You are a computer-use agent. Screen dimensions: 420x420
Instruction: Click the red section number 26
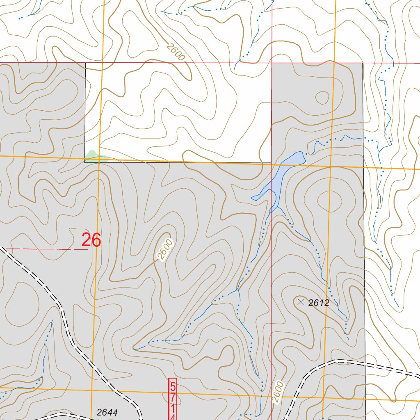click(x=91, y=240)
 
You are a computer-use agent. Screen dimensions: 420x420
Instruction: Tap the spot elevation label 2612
click(x=319, y=303)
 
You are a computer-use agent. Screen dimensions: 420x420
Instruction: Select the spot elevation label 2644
click(x=107, y=412)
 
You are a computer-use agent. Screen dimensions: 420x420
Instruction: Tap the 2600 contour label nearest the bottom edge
click(x=278, y=392)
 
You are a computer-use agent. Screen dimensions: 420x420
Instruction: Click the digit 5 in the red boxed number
click(x=173, y=386)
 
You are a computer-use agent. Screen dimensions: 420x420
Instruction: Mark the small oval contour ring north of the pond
click(x=321, y=98)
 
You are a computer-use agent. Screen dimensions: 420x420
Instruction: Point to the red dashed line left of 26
click(x=45, y=249)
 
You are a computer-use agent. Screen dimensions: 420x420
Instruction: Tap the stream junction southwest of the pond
click(x=238, y=289)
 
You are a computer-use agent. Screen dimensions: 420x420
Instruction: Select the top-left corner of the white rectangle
click(x=85, y=63)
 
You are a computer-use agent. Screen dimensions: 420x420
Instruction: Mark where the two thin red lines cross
click(x=272, y=63)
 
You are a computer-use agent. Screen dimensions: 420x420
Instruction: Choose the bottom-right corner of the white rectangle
click(x=271, y=162)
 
